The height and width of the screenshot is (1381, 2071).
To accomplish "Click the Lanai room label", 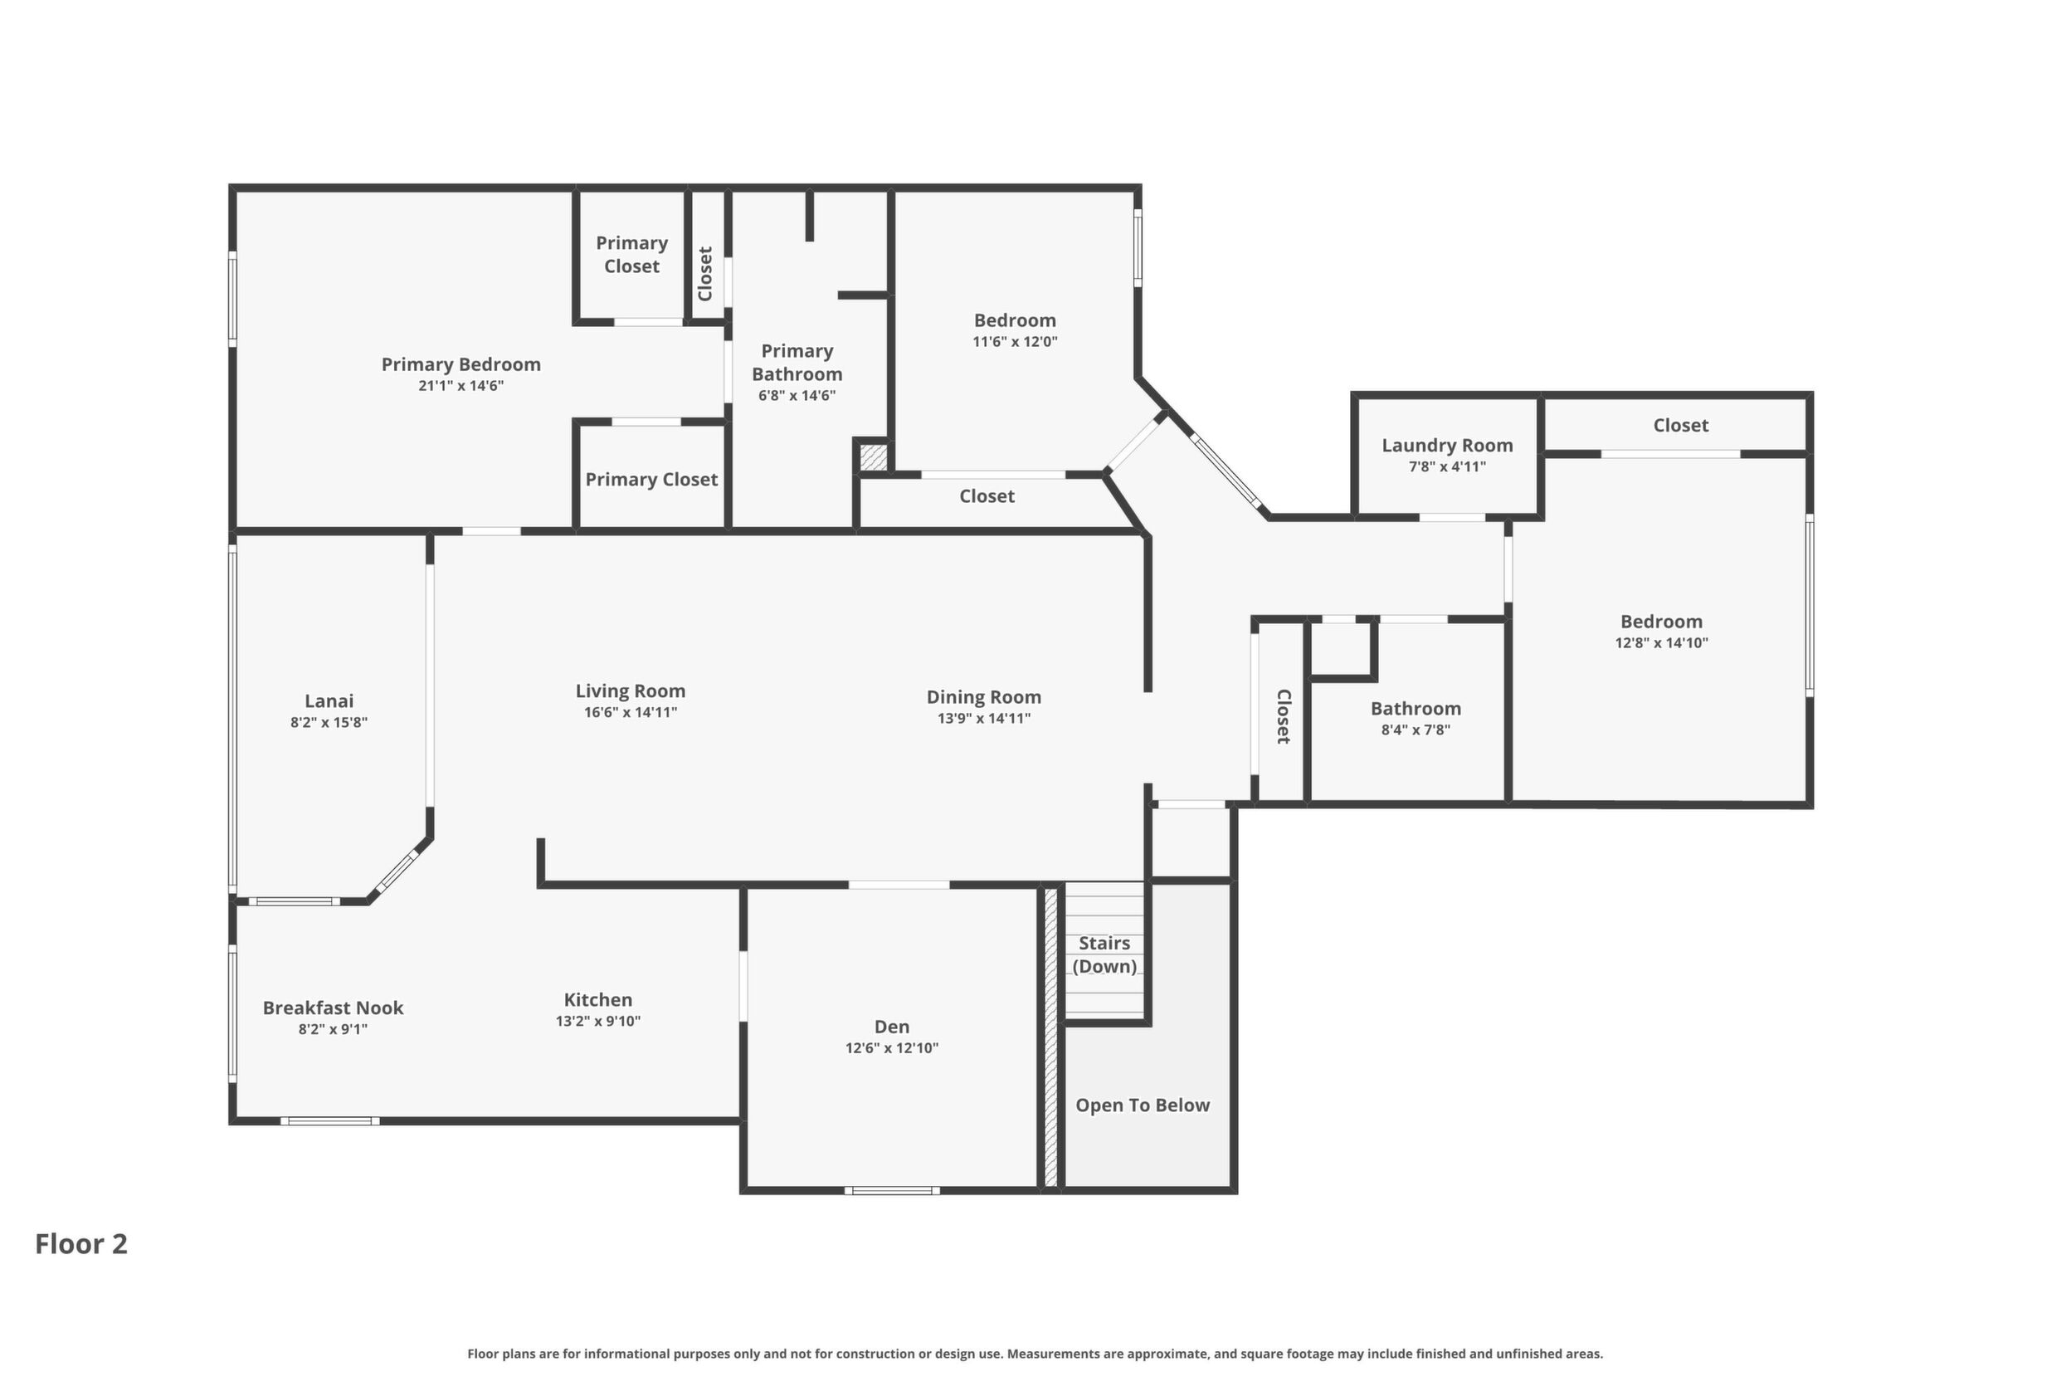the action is [x=329, y=701].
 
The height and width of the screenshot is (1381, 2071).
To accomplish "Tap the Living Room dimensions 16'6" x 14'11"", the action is [x=631, y=713].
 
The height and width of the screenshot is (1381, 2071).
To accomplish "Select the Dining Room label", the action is [x=983, y=696].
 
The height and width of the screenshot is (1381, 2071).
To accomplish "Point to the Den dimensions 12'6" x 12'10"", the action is [x=892, y=1048].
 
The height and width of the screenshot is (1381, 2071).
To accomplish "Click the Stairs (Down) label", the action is [x=1104, y=954].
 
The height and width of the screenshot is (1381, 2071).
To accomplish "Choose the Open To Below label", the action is [x=1143, y=1105].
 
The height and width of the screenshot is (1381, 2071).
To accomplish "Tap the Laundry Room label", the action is [x=1448, y=446].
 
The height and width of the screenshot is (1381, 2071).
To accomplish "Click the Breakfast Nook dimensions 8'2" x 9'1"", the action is [x=333, y=1029].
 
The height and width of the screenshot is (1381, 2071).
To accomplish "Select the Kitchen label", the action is [x=598, y=999].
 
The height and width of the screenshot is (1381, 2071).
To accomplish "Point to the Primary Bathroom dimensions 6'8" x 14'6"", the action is [x=797, y=395].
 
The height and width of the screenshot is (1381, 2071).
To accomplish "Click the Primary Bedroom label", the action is [x=460, y=364].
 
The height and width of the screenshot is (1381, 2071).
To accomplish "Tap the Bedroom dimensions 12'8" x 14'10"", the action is [x=1662, y=643].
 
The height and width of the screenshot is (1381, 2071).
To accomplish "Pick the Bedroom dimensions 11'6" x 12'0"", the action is [x=1016, y=342].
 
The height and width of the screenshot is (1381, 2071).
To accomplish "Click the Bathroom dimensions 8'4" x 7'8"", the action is [x=1416, y=730].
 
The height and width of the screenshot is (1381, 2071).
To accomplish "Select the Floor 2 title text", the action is [x=81, y=1243].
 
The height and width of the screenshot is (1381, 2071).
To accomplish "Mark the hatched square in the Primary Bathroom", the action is [x=873, y=457].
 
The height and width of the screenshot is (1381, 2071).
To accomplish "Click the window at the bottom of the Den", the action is [x=892, y=1191].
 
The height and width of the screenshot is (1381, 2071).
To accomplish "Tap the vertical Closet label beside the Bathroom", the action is [x=1284, y=716].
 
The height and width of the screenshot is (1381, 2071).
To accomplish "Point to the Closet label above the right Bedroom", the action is [x=1681, y=426].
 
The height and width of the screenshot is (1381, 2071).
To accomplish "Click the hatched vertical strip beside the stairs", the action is [x=1050, y=1037].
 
